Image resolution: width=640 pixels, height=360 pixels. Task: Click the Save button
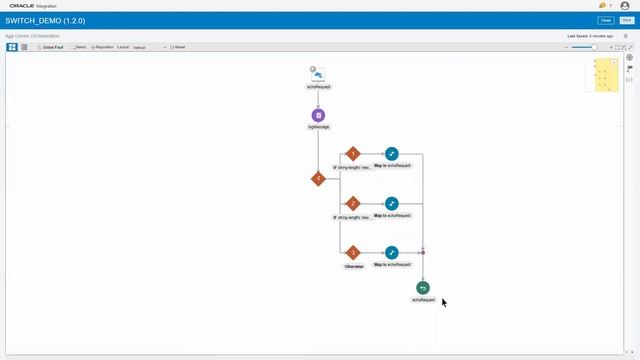tap(627, 20)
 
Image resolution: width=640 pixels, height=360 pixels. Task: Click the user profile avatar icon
tap(625, 5)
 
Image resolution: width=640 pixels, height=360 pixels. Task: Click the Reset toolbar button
tap(178, 47)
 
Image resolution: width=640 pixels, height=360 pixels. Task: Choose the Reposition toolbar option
tap(102, 47)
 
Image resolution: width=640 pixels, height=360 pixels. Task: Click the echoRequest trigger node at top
tap(318, 74)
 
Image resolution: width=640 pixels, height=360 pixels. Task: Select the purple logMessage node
tap(318, 115)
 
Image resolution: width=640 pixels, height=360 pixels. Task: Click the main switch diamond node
tap(318, 179)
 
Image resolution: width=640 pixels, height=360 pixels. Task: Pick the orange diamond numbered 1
tap(352, 154)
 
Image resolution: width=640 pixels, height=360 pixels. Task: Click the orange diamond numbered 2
tap(352, 203)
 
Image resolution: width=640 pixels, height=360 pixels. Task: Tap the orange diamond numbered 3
tap(352, 252)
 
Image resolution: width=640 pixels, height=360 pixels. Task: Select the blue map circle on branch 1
tap(392, 154)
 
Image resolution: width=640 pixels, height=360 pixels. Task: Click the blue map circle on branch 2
tap(392, 203)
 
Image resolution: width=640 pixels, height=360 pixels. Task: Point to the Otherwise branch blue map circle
tap(392, 252)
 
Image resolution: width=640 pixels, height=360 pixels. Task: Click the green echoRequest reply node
tap(423, 288)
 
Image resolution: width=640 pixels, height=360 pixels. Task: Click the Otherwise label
tap(353, 266)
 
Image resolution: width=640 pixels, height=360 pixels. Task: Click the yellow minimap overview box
tap(606, 74)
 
